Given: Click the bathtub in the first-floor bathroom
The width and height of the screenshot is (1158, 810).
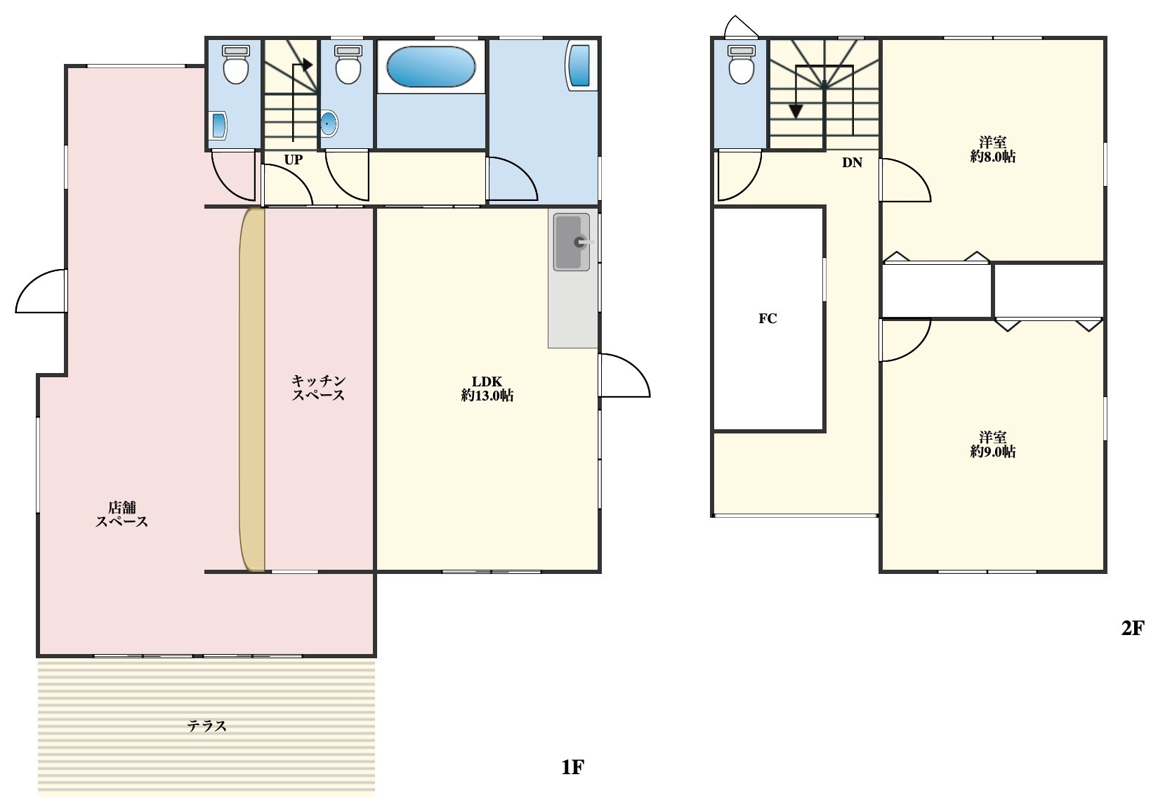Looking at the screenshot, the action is pos(430,67).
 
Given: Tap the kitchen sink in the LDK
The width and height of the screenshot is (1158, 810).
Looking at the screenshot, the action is pos(572,242).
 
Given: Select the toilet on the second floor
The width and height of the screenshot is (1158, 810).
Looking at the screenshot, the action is pos(742,64).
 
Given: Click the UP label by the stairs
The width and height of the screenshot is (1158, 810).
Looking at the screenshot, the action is pos(293,160).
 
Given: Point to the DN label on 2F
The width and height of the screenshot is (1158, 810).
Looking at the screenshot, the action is pos(852,163).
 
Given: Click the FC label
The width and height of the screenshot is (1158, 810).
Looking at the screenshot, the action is pos(768,319).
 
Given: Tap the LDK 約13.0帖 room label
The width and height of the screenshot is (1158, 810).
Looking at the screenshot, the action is pos(487,389).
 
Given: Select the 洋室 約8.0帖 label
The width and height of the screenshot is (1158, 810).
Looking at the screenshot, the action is pos(992,150).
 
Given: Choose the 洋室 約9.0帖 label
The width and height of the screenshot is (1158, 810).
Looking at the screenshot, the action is pos(992,445).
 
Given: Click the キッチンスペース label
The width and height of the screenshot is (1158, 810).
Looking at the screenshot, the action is pos(318,388).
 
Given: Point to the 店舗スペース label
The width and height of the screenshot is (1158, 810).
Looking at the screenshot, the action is pos(122,515).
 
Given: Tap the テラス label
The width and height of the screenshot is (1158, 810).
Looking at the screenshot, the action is pos(206,726).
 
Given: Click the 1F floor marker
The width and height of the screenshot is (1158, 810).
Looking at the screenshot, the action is pos(573,767).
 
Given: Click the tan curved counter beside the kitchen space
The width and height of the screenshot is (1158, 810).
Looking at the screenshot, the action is pos(252,389).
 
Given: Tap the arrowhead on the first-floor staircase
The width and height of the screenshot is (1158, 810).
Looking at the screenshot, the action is pos(307,65).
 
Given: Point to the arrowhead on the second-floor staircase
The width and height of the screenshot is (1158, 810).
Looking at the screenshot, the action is pos(796,111).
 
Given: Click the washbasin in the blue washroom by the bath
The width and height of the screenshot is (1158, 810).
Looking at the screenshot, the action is pos(579,66).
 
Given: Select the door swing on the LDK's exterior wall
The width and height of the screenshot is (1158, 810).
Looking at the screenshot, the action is pos(624,376).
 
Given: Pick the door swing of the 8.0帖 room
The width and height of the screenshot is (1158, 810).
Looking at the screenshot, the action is pos(905,180).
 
